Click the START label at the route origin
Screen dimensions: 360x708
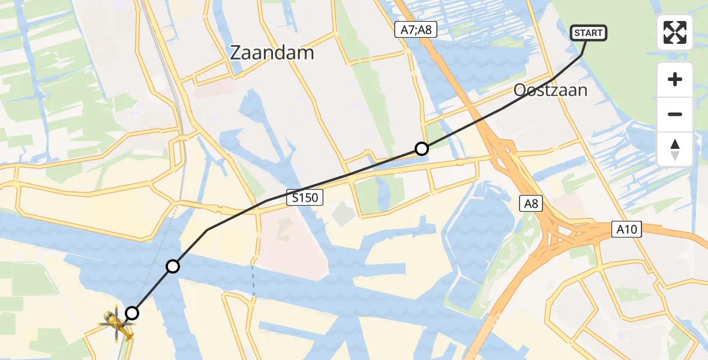(x=588, y=33)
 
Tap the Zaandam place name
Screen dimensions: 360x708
(x=272, y=53)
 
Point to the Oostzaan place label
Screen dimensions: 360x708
(x=550, y=91)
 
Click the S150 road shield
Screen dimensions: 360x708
(x=305, y=197)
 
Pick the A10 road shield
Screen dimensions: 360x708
(x=627, y=229)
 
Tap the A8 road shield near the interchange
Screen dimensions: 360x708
(x=532, y=204)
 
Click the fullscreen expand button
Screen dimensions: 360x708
(x=675, y=32)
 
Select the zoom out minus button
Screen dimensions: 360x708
(x=675, y=115)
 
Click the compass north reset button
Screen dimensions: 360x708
(x=675, y=149)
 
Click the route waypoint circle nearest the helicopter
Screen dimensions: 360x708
(x=132, y=313)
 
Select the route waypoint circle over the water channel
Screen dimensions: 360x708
(x=173, y=266)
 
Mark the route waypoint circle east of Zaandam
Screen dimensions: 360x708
(x=422, y=149)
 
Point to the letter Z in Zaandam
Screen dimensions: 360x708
(x=236, y=53)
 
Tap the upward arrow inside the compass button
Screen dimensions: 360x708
(x=675, y=144)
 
